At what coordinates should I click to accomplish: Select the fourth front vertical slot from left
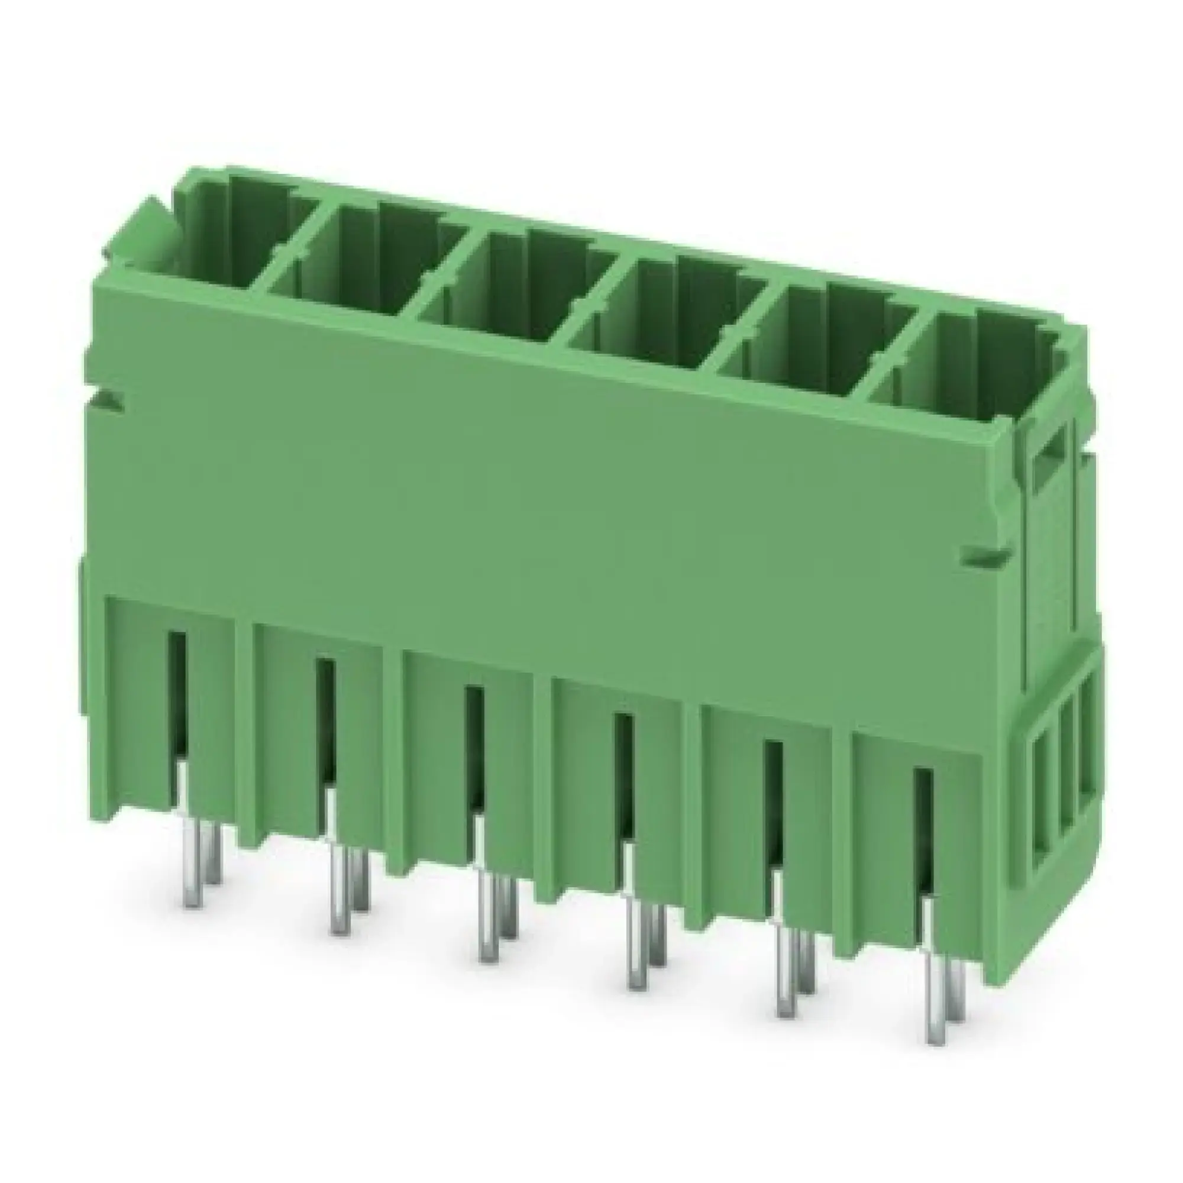pos(623,778)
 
